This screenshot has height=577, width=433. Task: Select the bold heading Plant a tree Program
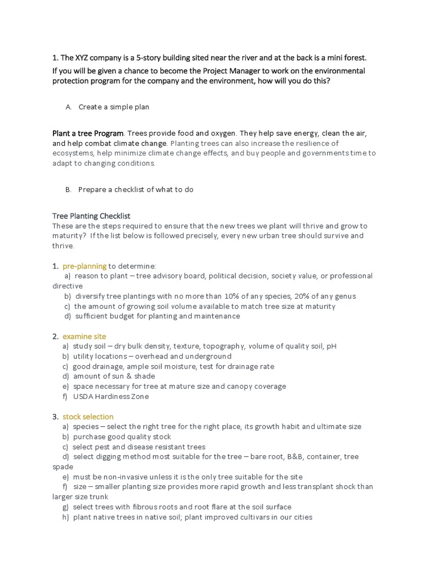click(x=88, y=134)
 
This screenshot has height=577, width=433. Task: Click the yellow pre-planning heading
click(x=85, y=266)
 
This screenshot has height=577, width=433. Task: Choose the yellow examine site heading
click(x=84, y=336)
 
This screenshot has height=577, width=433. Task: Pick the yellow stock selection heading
click(x=88, y=417)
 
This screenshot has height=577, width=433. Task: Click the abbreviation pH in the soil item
click(x=331, y=347)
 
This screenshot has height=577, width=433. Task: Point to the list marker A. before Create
click(x=68, y=107)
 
